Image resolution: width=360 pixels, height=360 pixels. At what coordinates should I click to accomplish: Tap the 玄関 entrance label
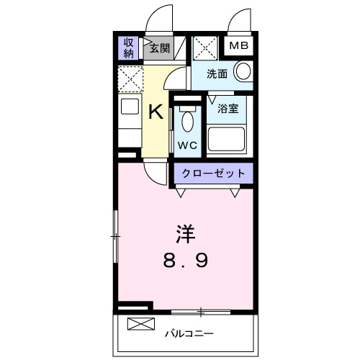point(159,49)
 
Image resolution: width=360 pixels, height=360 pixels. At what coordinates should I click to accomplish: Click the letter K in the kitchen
point(155,112)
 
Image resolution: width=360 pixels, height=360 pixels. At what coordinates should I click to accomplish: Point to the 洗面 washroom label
point(217,73)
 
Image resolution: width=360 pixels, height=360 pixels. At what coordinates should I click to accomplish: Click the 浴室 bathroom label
point(228,109)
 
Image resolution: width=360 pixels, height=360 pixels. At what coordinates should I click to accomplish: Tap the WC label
point(187,144)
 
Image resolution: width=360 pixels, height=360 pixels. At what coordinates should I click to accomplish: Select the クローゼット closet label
point(212,174)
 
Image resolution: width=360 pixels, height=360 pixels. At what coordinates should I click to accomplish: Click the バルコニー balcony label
point(189,333)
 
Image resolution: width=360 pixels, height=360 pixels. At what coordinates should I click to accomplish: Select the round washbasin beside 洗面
point(243,71)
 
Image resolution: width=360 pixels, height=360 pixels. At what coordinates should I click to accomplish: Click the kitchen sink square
point(130,108)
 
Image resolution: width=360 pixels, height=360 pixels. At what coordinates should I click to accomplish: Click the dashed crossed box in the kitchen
point(130,76)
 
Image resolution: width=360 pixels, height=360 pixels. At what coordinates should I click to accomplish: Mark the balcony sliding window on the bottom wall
point(201,312)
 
